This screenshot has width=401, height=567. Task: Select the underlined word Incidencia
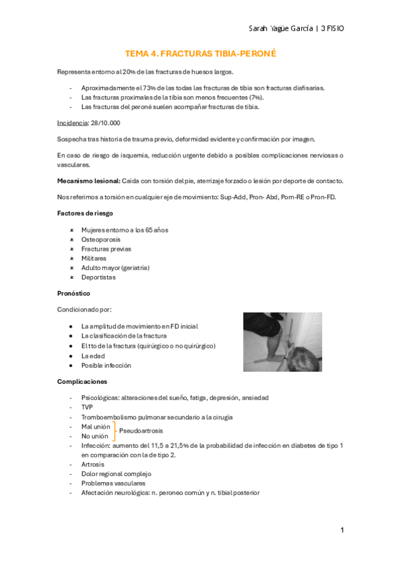tap(72, 123)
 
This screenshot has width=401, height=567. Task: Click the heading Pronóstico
tap(74, 294)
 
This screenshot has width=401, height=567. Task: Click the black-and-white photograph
tap(282, 342)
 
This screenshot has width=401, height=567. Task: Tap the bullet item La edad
tap(94, 356)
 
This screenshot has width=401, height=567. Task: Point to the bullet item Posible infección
tap(106, 366)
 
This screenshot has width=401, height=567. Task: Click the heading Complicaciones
tap(82, 382)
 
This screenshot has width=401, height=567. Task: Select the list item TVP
tap(88, 407)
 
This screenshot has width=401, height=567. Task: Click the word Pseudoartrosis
tap(141, 431)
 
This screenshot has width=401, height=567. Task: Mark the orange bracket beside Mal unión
tap(114, 431)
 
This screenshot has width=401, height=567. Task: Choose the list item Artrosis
tap(93, 464)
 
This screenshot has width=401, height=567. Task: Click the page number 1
tap(341, 530)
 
